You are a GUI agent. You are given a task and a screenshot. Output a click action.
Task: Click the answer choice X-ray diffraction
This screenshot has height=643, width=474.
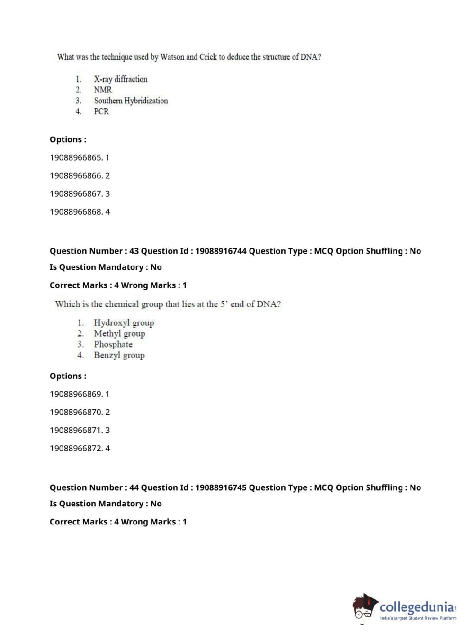(120, 79)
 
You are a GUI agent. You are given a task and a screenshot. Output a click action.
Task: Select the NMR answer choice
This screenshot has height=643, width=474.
(103, 90)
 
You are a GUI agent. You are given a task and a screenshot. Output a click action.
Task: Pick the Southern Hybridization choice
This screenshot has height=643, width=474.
(131, 101)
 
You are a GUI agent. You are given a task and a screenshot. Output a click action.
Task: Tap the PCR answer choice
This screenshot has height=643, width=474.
(101, 111)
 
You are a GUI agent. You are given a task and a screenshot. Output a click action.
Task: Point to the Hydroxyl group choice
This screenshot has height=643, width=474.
(124, 323)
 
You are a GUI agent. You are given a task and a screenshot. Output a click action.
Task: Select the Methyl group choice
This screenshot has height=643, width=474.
(119, 334)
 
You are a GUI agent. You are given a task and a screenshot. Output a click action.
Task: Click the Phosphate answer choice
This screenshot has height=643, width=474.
(113, 344)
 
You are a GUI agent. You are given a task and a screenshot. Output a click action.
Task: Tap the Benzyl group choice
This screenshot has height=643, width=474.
(119, 355)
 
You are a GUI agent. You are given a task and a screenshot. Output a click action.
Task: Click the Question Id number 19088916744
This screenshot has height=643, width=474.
(221, 251)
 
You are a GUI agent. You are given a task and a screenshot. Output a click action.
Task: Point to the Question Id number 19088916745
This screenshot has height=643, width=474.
(221, 488)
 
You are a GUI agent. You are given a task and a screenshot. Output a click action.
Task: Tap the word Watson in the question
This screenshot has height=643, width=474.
(172, 57)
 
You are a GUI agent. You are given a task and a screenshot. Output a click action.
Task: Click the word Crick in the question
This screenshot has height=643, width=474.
(208, 57)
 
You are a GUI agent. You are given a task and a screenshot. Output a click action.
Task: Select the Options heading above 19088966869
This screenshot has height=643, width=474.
(68, 376)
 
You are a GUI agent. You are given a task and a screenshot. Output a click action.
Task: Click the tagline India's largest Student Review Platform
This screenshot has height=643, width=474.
(418, 618)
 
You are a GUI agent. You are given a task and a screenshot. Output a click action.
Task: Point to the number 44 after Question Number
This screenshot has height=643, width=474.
(134, 488)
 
